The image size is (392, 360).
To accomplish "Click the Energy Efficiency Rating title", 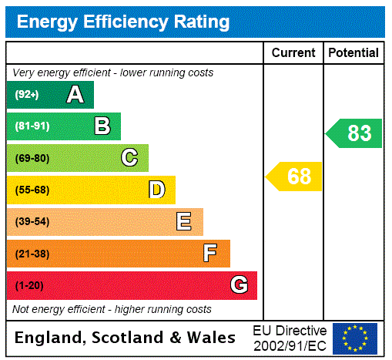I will click(x=123, y=22).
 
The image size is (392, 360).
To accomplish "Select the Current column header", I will click(x=293, y=53).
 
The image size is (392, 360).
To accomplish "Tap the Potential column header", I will click(x=353, y=53).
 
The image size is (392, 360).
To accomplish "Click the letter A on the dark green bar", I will click(x=75, y=95).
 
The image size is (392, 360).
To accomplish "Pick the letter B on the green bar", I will click(x=102, y=126).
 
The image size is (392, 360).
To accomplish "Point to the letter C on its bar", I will click(x=129, y=158).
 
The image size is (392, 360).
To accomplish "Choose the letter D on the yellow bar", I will click(x=156, y=190).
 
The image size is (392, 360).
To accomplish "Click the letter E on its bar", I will click(x=184, y=222).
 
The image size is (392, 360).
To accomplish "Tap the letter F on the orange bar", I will click(x=210, y=254).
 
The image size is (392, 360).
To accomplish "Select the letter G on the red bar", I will click(x=239, y=285).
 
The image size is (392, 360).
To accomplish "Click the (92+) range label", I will click(x=27, y=95).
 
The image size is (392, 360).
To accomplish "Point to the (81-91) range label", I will click(x=32, y=126).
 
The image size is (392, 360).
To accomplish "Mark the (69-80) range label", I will click(x=32, y=158).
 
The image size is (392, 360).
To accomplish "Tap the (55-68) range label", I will click(x=32, y=190).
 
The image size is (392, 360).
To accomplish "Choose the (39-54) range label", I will click(x=32, y=222).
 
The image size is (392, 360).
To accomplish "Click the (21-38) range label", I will click(x=32, y=254).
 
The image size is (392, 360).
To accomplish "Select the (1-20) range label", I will click(x=29, y=285).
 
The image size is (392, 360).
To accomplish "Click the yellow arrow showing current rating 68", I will click(x=295, y=177).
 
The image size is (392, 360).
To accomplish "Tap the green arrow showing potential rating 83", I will click(x=355, y=133).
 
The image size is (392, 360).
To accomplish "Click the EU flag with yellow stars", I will click(x=355, y=338).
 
